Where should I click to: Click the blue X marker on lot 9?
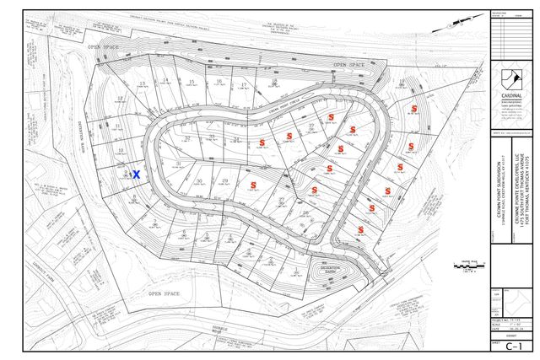135,172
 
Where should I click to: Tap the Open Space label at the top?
350,64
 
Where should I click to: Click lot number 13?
143,83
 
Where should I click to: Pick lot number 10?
121,150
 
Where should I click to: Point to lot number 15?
192,81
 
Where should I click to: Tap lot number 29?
225,180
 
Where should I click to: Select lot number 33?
213,137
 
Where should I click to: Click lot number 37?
311,125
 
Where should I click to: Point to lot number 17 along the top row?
243,85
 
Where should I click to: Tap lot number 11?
117,127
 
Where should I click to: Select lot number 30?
199,180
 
